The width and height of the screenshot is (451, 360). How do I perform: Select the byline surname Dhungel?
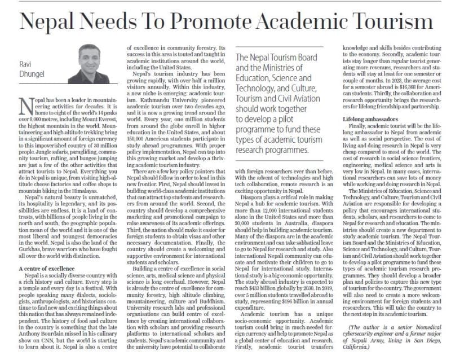33,73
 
